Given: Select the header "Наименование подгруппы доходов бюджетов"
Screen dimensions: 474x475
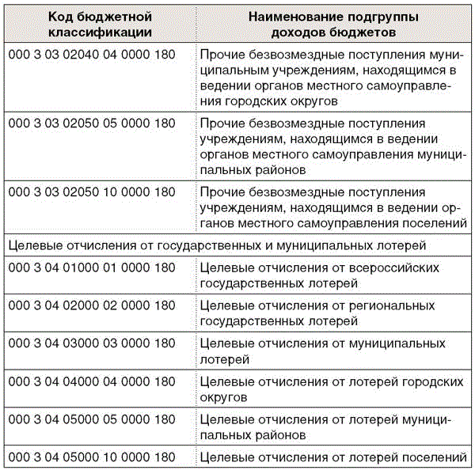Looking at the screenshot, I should (x=332, y=25).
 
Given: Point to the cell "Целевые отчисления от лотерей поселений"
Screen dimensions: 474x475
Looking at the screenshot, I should (x=332, y=457).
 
